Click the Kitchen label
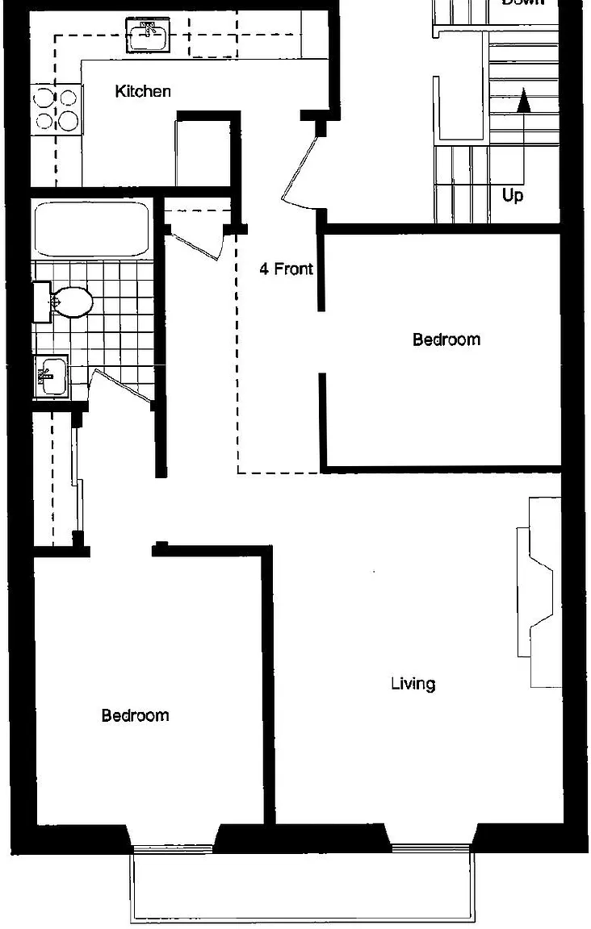pyautogui.click(x=143, y=91)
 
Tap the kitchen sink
pyautogui.click(x=148, y=34)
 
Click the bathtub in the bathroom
pyautogui.click(x=91, y=229)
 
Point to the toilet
pyautogui.click(x=68, y=302)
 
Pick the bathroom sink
pyautogui.click(x=51, y=377)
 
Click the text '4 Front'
pyautogui.click(x=286, y=269)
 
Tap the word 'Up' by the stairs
pyautogui.click(x=512, y=195)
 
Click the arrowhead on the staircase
pyautogui.click(x=523, y=100)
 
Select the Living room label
pyautogui.click(x=413, y=684)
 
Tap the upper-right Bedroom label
pyautogui.click(x=446, y=340)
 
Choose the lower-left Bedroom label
pyautogui.click(x=135, y=715)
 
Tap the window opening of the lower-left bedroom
pyautogui.click(x=172, y=846)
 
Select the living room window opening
pyautogui.click(x=430, y=847)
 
